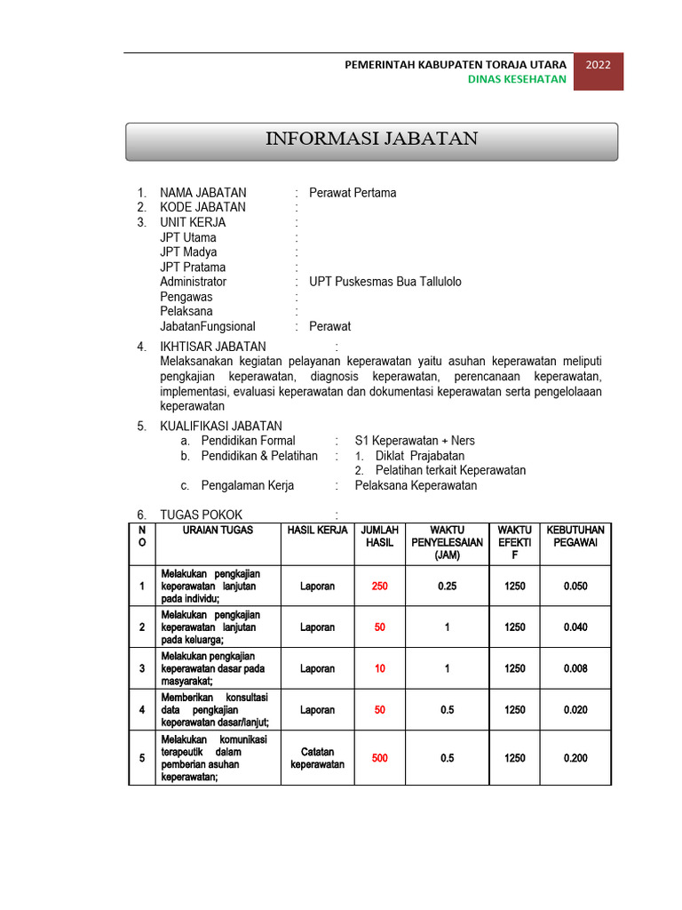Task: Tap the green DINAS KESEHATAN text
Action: click(517, 79)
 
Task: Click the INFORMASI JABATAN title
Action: click(372, 139)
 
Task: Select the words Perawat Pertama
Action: click(353, 193)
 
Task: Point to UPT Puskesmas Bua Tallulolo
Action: click(385, 282)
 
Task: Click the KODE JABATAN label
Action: click(202, 208)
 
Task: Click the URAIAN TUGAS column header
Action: click(218, 531)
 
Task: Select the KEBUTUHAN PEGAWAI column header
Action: click(575, 537)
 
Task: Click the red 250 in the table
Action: click(380, 587)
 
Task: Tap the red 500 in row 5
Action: click(380, 758)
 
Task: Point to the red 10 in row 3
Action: click(380, 668)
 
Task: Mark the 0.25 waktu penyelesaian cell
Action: click(447, 587)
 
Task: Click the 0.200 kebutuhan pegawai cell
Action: click(575, 758)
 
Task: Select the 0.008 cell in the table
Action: click(575, 668)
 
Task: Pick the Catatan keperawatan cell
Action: click(317, 758)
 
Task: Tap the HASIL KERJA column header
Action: click(317, 531)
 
